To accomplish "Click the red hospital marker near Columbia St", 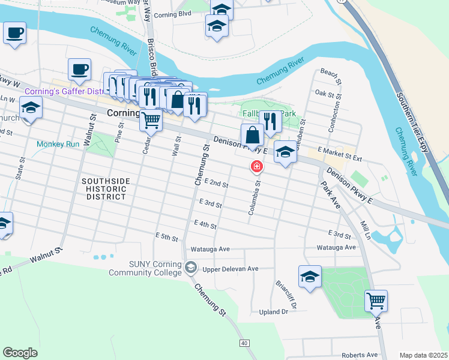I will tap(257, 166).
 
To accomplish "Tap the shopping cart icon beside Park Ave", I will tap(376, 299).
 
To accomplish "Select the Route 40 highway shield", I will tap(243, 343).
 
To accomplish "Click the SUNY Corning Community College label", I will tap(145, 268).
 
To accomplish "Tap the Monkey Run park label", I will tap(58, 145).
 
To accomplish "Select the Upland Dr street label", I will tap(274, 312).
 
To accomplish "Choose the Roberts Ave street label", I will tap(360, 355).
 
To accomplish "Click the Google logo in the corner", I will tap(20, 353).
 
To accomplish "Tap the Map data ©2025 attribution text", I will tap(423, 355).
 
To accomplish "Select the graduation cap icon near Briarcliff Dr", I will tap(310, 277).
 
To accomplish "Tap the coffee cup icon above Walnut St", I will tap(79, 69).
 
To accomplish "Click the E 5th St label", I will tap(167, 238).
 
